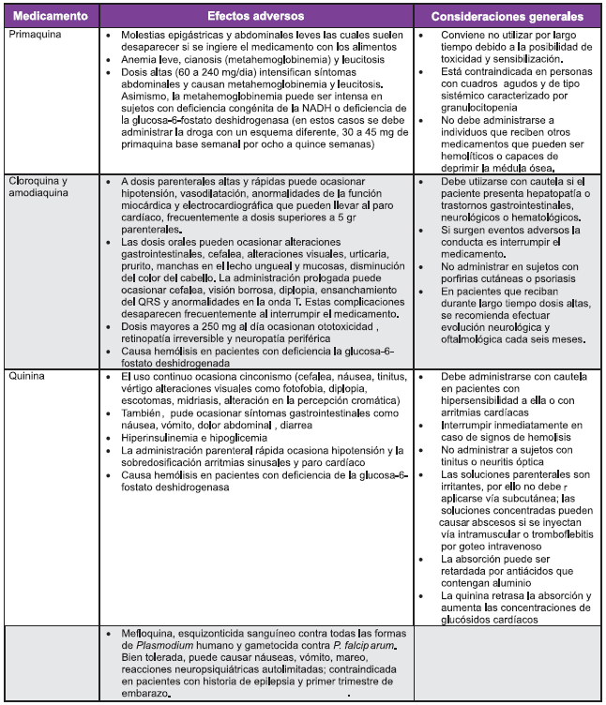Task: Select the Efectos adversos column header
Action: [259, 16]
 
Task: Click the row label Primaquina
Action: [34, 34]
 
